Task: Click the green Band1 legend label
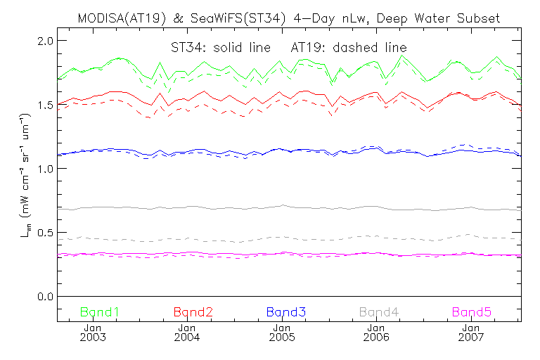coord(99,311)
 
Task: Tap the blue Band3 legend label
coord(285,311)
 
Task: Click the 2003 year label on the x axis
coord(93,337)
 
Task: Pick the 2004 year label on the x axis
coord(187,337)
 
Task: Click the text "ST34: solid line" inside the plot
coord(205,47)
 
